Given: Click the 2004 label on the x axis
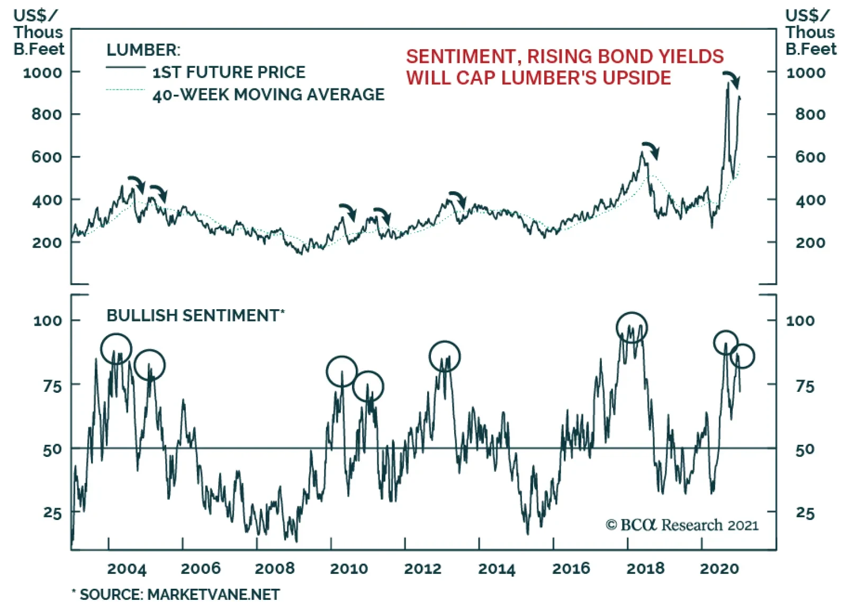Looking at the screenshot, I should pos(127,569).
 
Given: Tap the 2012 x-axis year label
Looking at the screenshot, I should pos(422,569).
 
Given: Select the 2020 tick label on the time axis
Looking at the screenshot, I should pos(719,569).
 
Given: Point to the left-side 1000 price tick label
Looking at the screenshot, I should pos(42,73).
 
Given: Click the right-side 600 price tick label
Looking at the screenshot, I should pos(810,157).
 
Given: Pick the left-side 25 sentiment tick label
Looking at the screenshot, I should pos(52,513).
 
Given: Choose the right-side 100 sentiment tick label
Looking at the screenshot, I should pos(800,321).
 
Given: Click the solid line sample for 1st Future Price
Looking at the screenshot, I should pos(125,67).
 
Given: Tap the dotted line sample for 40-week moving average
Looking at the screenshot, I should pos(125,90).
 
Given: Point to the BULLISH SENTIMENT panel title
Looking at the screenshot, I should pos(195,316).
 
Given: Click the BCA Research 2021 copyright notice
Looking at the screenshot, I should pos(682,525).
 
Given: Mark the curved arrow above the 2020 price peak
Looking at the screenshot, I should pos(732,78).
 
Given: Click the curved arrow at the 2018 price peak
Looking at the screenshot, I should pos(651,149).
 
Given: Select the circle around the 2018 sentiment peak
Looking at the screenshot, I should pos(632,327).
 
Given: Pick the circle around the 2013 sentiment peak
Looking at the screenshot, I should pos(445,356).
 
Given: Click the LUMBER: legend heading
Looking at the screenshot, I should pos(143,50).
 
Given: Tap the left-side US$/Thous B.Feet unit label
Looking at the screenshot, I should pos(38,33).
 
